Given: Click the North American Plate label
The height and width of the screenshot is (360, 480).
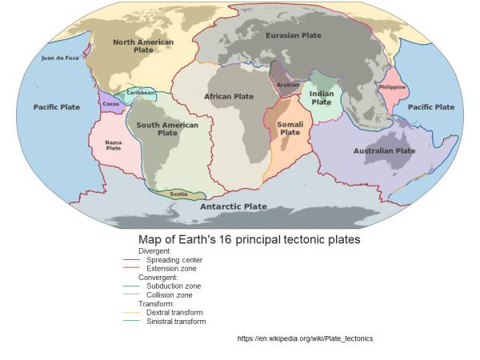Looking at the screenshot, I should pyautogui.click(x=143, y=46).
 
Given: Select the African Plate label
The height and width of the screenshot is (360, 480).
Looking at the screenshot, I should pyautogui.click(x=229, y=97).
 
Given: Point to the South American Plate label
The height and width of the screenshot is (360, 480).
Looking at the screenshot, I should pyautogui.click(x=167, y=129).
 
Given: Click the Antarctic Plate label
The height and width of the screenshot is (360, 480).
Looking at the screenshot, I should pyautogui.click(x=234, y=206).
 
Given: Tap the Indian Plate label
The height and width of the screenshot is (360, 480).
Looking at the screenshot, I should pyautogui.click(x=322, y=98).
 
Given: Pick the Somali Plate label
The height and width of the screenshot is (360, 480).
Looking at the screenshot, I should pyautogui.click(x=290, y=128).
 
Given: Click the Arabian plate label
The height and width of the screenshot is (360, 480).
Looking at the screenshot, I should pyautogui.click(x=287, y=85).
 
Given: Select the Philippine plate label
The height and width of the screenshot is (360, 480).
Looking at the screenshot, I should pyautogui.click(x=392, y=87).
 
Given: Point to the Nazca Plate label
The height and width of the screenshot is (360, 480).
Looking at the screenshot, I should pyautogui.click(x=114, y=145).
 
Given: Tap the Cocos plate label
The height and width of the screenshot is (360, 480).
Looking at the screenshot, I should pyautogui.click(x=111, y=104).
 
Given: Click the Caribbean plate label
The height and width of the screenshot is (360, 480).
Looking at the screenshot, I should pyautogui.click(x=140, y=93).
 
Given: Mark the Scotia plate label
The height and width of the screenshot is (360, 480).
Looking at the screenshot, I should pyautogui.click(x=178, y=194).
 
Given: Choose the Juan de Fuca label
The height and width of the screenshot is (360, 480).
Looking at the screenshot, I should pyautogui.click(x=60, y=58).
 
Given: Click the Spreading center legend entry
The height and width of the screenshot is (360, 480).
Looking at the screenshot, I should pyautogui.click(x=174, y=260).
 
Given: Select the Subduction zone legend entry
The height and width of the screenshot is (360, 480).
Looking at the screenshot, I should pyautogui.click(x=174, y=286).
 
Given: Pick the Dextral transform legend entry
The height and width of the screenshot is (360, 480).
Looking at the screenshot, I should pyautogui.click(x=174, y=312).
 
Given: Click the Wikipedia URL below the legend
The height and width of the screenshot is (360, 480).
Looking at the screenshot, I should pyautogui.click(x=305, y=338).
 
